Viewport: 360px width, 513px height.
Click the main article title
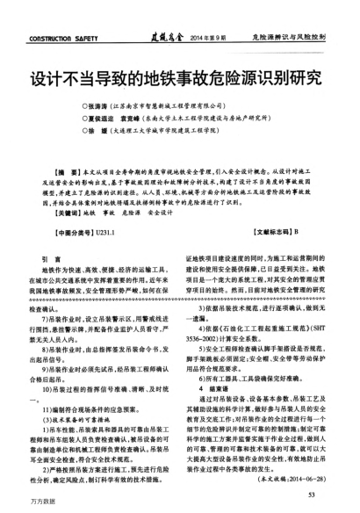(179, 73)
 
